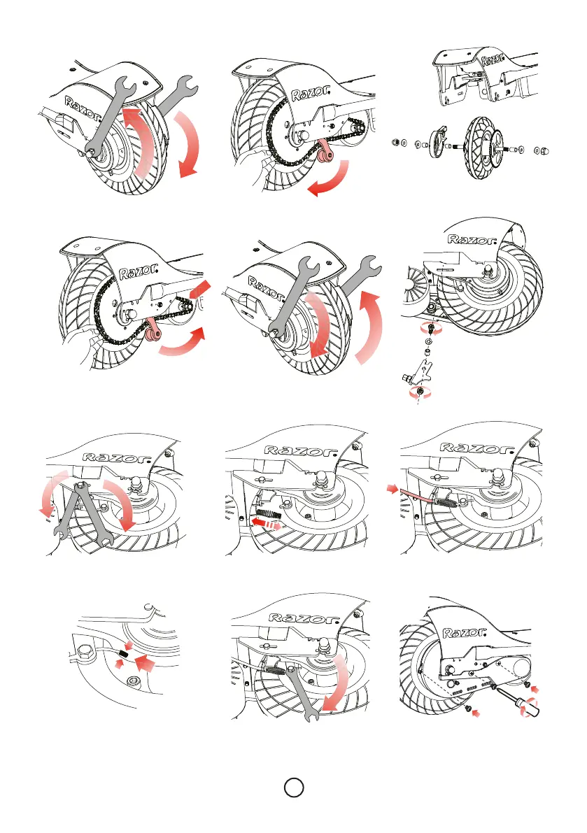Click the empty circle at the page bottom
tap(293, 788)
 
